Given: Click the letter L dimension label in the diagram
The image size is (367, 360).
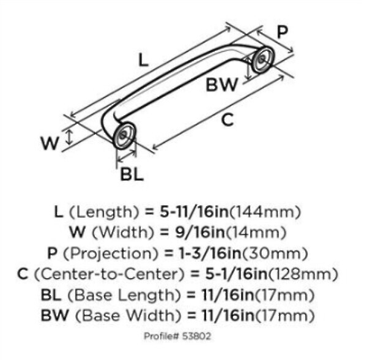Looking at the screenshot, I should (143, 60).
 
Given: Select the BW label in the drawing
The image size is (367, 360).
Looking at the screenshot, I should (221, 85).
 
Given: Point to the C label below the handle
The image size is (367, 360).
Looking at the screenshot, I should (228, 121).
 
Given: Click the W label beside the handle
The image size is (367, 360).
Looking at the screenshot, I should (50, 143).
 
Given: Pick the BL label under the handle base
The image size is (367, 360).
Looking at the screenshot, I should (132, 174).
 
